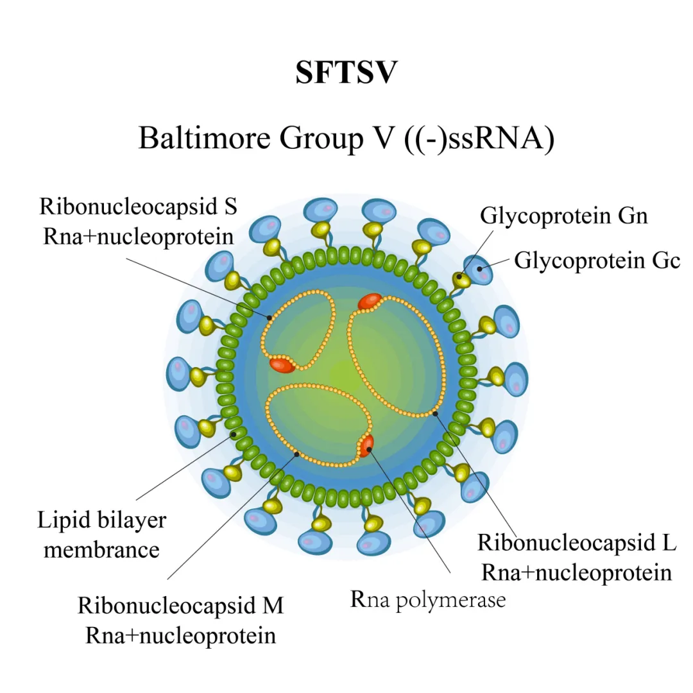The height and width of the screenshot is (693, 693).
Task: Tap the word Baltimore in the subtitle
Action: point(195,138)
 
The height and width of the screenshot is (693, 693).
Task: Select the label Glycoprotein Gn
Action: point(564,216)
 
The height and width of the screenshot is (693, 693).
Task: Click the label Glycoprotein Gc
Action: point(597,261)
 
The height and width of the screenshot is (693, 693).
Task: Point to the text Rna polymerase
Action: point(428,599)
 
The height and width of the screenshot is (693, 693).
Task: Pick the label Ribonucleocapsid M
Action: point(180,606)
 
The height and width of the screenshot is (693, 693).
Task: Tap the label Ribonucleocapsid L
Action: point(577,543)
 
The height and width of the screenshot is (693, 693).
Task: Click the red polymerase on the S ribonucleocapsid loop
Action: point(282,365)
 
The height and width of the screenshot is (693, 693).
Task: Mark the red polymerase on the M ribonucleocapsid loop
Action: point(366,445)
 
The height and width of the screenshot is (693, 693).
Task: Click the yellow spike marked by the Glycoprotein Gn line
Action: point(459,279)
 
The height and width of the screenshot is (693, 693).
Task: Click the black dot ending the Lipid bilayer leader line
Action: point(235,434)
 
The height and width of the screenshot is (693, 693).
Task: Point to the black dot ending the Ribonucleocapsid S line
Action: point(270,318)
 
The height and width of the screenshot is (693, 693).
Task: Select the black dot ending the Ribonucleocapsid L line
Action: point(435,413)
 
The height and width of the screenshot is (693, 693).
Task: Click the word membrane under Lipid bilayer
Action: point(101,549)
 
